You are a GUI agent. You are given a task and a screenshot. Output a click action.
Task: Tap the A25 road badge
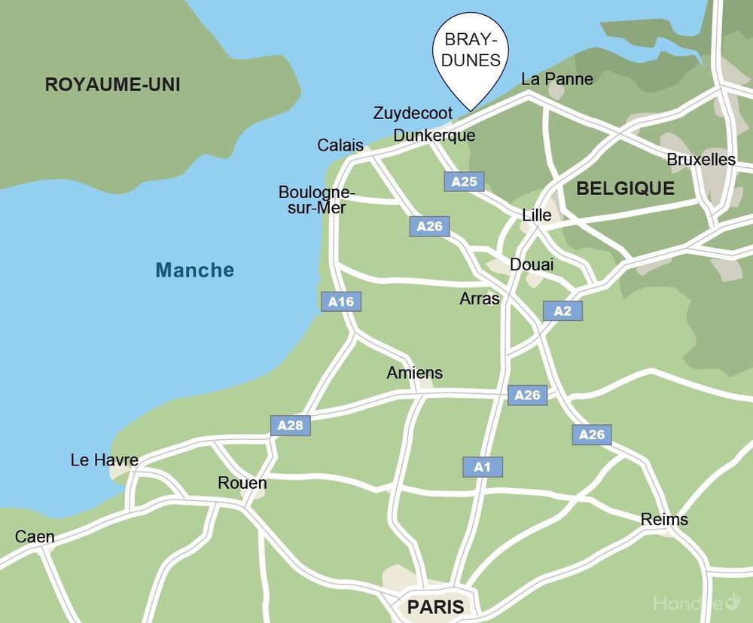click(x=464, y=182)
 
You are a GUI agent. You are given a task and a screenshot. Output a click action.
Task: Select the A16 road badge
click(x=341, y=302)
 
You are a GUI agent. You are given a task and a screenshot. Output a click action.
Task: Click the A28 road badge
click(x=290, y=426)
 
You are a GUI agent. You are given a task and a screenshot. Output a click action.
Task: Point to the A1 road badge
click(x=482, y=467)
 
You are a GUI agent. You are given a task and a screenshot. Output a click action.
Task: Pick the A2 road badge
click(x=562, y=311)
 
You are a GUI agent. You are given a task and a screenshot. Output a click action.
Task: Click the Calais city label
click(x=340, y=145)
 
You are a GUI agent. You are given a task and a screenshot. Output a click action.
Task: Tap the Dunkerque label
click(x=434, y=136)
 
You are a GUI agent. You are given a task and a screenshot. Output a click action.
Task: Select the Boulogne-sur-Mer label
click(x=316, y=200)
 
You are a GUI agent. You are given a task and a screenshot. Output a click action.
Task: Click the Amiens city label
click(x=414, y=373)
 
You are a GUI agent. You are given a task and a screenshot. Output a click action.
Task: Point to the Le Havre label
click(x=104, y=460)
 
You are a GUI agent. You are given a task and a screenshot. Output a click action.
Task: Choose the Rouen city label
click(x=242, y=483)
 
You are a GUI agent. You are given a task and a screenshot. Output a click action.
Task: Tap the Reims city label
click(x=664, y=520)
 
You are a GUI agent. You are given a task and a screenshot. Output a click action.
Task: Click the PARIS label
click(x=435, y=606)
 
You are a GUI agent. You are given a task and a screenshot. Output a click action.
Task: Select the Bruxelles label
click(x=701, y=160)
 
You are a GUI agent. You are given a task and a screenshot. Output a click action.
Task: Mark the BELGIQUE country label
click(x=625, y=189)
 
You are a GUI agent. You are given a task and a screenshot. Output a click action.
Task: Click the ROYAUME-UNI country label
click(x=112, y=84)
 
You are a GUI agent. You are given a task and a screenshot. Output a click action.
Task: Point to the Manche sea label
click(x=195, y=270)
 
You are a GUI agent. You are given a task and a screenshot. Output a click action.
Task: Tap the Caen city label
click(x=35, y=537)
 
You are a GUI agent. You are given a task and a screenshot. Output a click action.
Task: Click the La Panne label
click(x=557, y=79)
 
